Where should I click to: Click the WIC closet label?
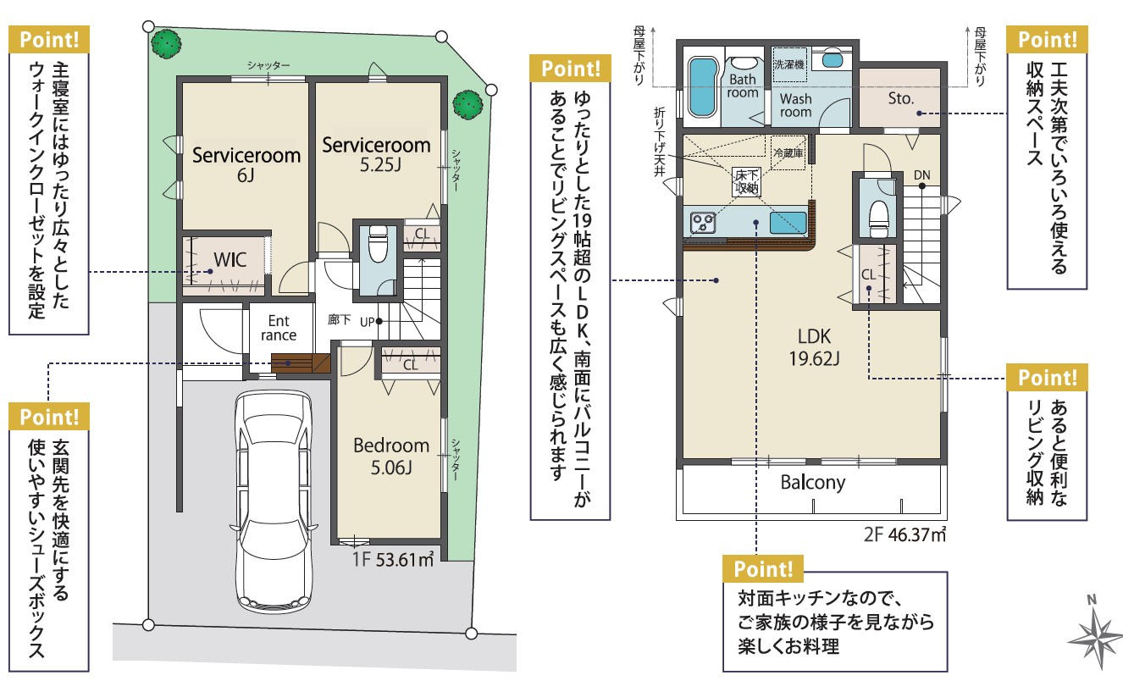click(x=230, y=260)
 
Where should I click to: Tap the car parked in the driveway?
click(x=274, y=501)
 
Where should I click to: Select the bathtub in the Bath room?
click(x=702, y=87)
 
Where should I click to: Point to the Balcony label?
click(x=813, y=483)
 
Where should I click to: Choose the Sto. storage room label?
click(x=900, y=98)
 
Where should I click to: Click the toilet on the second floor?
click(x=878, y=219)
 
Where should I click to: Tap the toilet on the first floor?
click(x=378, y=244)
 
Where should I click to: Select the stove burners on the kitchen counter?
click(x=702, y=223)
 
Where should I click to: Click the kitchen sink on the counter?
click(x=788, y=223)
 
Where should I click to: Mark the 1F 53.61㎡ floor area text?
click(x=393, y=559)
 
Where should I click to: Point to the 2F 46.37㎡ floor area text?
click(x=904, y=534)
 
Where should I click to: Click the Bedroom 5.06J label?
click(x=391, y=457)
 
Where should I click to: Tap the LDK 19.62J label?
click(x=814, y=347)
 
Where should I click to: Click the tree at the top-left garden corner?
click(x=167, y=44)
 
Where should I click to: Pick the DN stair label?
click(x=921, y=175)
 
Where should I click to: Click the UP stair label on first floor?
click(x=367, y=322)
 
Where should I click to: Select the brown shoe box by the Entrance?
click(x=301, y=363)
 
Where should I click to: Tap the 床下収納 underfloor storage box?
click(x=746, y=181)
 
